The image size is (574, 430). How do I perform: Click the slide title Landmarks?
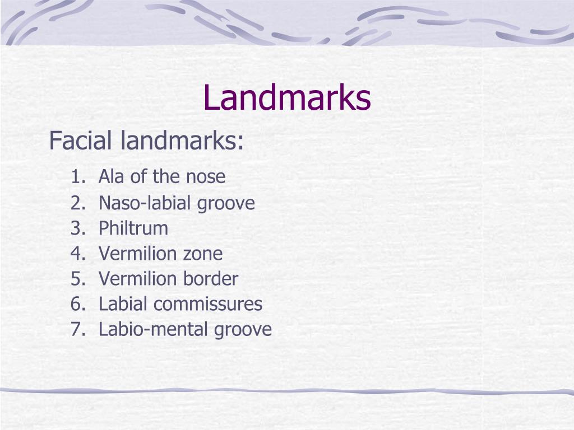point(286,97)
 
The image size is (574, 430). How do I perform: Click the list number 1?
point(77,177)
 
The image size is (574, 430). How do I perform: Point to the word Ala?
point(110,177)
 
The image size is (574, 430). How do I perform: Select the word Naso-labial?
point(145,203)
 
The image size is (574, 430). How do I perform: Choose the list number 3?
point(77,228)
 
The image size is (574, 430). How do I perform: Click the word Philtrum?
point(133,228)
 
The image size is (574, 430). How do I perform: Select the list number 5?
point(77,279)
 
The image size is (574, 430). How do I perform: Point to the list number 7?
point(77,330)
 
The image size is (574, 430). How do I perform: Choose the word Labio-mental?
point(153,330)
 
